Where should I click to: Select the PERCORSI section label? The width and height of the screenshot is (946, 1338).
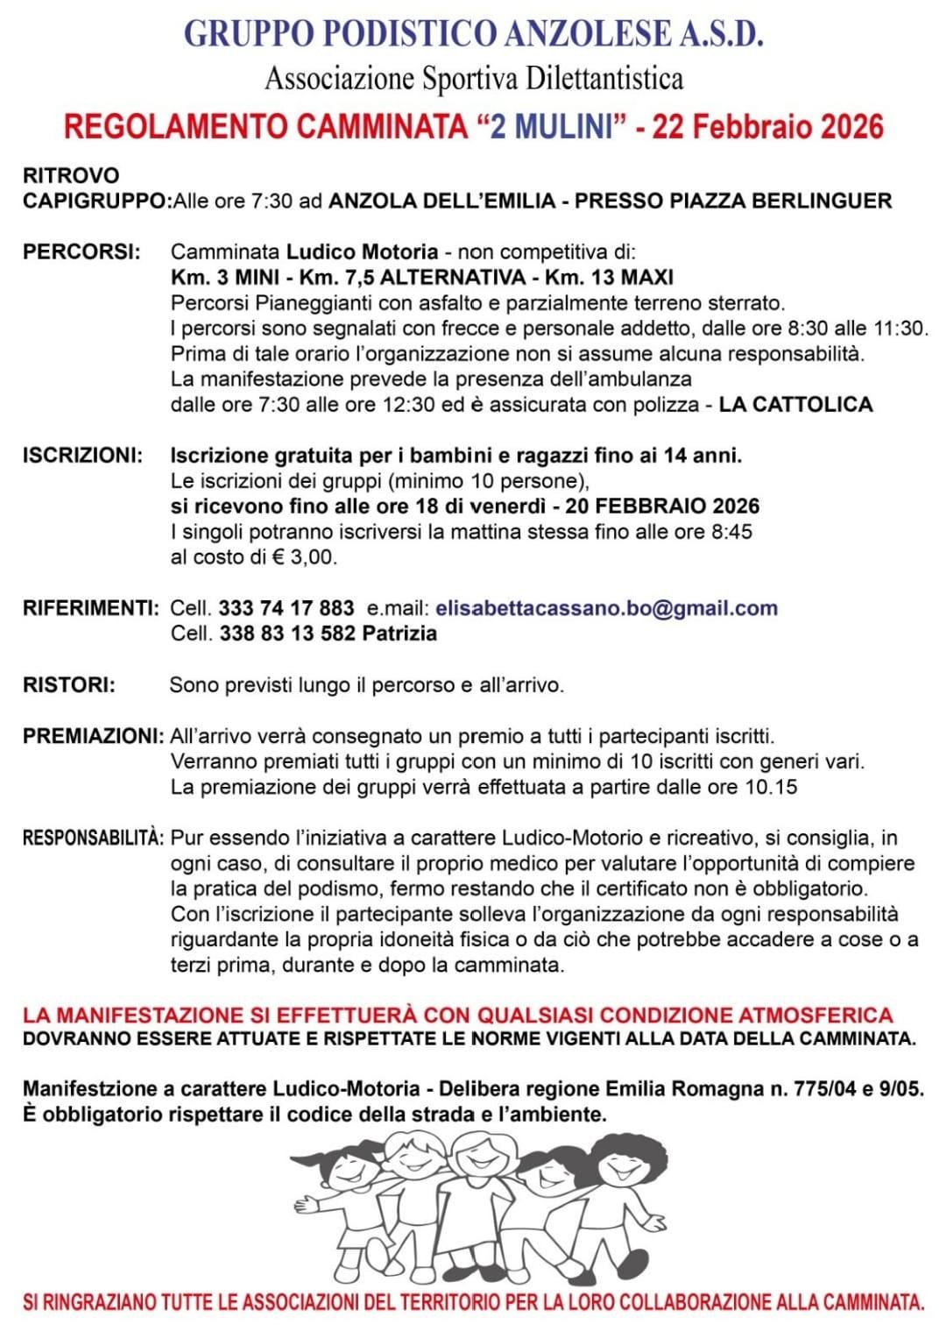pyautogui.click(x=81, y=252)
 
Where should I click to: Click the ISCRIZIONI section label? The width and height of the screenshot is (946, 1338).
pyautogui.click(x=82, y=456)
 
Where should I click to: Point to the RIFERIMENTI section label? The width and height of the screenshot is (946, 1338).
pyautogui.click(x=90, y=608)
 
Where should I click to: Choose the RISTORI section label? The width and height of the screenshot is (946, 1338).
pyautogui.click(x=68, y=684)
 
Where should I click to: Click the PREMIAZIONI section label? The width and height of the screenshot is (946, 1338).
pyautogui.click(x=93, y=736)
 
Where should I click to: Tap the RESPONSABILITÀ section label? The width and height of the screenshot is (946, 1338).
pyautogui.click(x=93, y=838)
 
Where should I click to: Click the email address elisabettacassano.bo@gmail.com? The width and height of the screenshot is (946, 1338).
pyautogui.click(x=606, y=608)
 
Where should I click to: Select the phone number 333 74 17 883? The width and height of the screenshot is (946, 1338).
pyautogui.click(x=286, y=608)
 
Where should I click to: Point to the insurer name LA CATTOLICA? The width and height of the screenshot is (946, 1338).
pyautogui.click(x=795, y=405)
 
